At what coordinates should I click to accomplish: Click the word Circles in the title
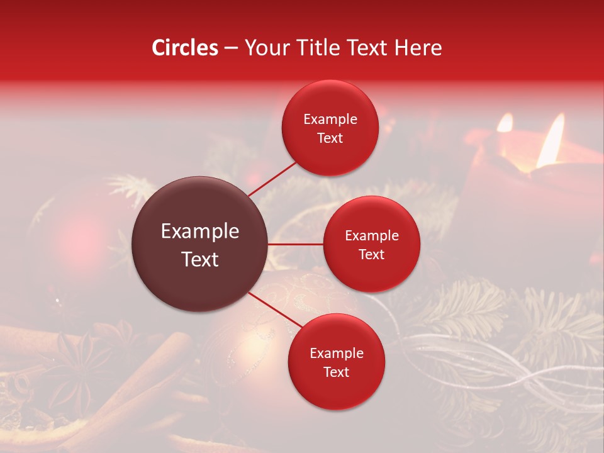tap(185, 48)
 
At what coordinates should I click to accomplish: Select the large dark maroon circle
tap(199, 244)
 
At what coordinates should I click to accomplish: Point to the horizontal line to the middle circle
tap(296, 244)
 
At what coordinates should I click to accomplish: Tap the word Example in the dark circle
tap(199, 232)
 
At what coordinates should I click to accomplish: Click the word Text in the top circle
tap(330, 138)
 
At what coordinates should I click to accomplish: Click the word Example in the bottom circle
tap(336, 354)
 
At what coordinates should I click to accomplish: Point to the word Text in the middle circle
tap(371, 254)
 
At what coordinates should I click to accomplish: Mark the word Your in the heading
tap(264, 48)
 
